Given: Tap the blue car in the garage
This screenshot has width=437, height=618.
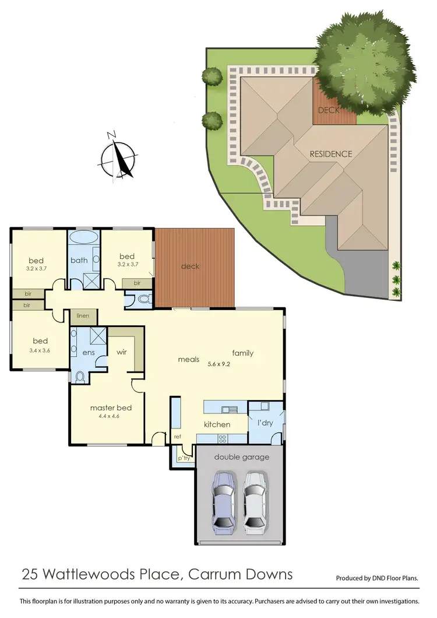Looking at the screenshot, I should click(x=224, y=503).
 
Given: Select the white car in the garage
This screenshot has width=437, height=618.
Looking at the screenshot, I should click(x=255, y=503).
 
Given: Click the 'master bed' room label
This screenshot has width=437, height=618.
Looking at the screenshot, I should click(x=111, y=408).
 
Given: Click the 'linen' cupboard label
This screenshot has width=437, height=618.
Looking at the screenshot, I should click(x=83, y=316).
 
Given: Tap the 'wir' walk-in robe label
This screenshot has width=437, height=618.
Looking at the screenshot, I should click(x=122, y=352).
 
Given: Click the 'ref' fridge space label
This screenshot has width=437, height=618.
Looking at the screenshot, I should click(x=178, y=436).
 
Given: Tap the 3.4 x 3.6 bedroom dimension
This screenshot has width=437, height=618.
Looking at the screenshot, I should click(x=40, y=352).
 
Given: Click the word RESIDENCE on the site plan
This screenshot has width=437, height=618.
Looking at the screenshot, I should click(x=330, y=154).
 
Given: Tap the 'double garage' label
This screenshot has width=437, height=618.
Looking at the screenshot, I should click(x=241, y=457).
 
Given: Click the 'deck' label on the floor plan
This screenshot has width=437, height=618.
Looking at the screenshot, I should click(x=190, y=266).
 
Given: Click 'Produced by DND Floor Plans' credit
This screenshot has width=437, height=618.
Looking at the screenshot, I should click(x=377, y=578).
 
